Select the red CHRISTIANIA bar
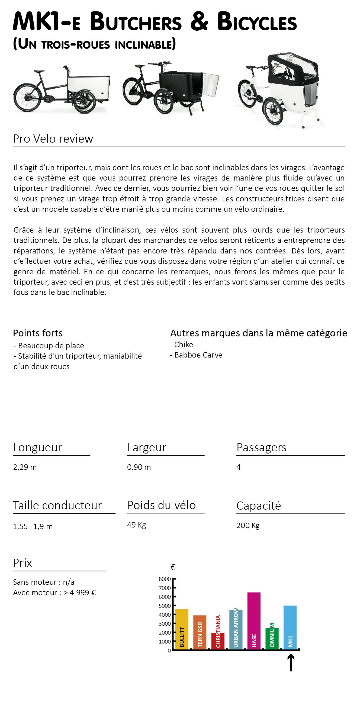[218, 641]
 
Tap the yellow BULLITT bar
[182, 629]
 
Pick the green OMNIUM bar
[272, 638]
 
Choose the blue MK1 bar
[290, 627]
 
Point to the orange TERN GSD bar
[200, 632]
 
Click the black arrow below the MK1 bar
[291, 663]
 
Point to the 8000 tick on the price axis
[165, 579]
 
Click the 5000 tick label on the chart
[165, 606]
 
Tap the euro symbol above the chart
[173, 567]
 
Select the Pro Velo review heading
[53, 139]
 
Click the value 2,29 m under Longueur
[25, 467]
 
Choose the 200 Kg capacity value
[248, 525]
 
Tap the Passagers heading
[261, 447]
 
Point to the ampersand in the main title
[199, 22]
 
